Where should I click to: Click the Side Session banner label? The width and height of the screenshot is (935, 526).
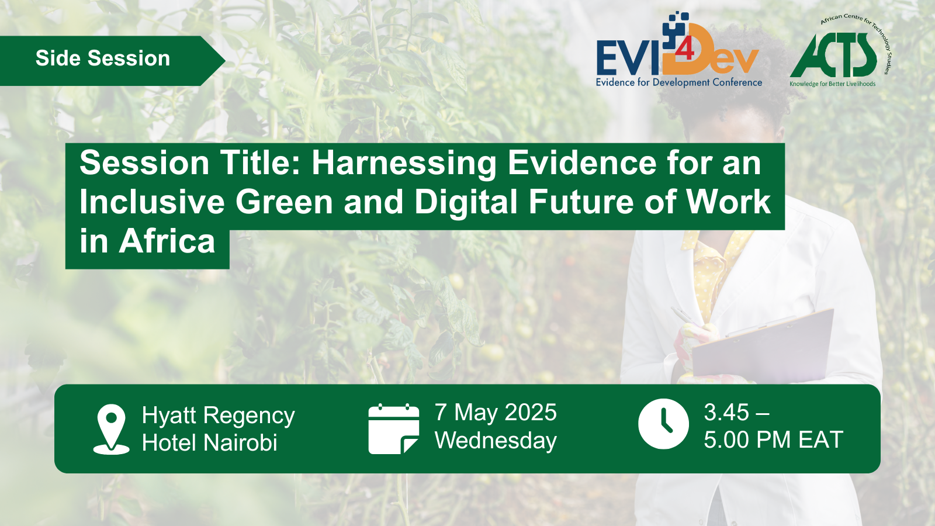click(103, 58)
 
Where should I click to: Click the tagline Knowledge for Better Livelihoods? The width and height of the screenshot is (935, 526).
click(832, 84)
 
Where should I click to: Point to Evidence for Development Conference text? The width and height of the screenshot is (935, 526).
click(679, 82)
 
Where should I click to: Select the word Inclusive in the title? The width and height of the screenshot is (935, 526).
click(152, 202)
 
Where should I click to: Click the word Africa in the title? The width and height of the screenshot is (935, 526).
click(167, 241)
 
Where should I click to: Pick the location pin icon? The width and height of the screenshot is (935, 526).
click(111, 429)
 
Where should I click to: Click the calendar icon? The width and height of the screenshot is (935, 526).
click(394, 429)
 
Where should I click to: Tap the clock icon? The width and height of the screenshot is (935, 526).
click(663, 424)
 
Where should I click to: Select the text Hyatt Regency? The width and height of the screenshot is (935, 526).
click(219, 416)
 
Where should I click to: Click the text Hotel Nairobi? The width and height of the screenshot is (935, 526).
click(210, 442)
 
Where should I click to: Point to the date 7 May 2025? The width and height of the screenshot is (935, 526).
click(496, 413)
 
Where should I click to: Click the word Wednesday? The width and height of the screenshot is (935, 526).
click(496, 441)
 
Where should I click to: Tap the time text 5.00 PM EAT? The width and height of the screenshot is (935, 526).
click(774, 440)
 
